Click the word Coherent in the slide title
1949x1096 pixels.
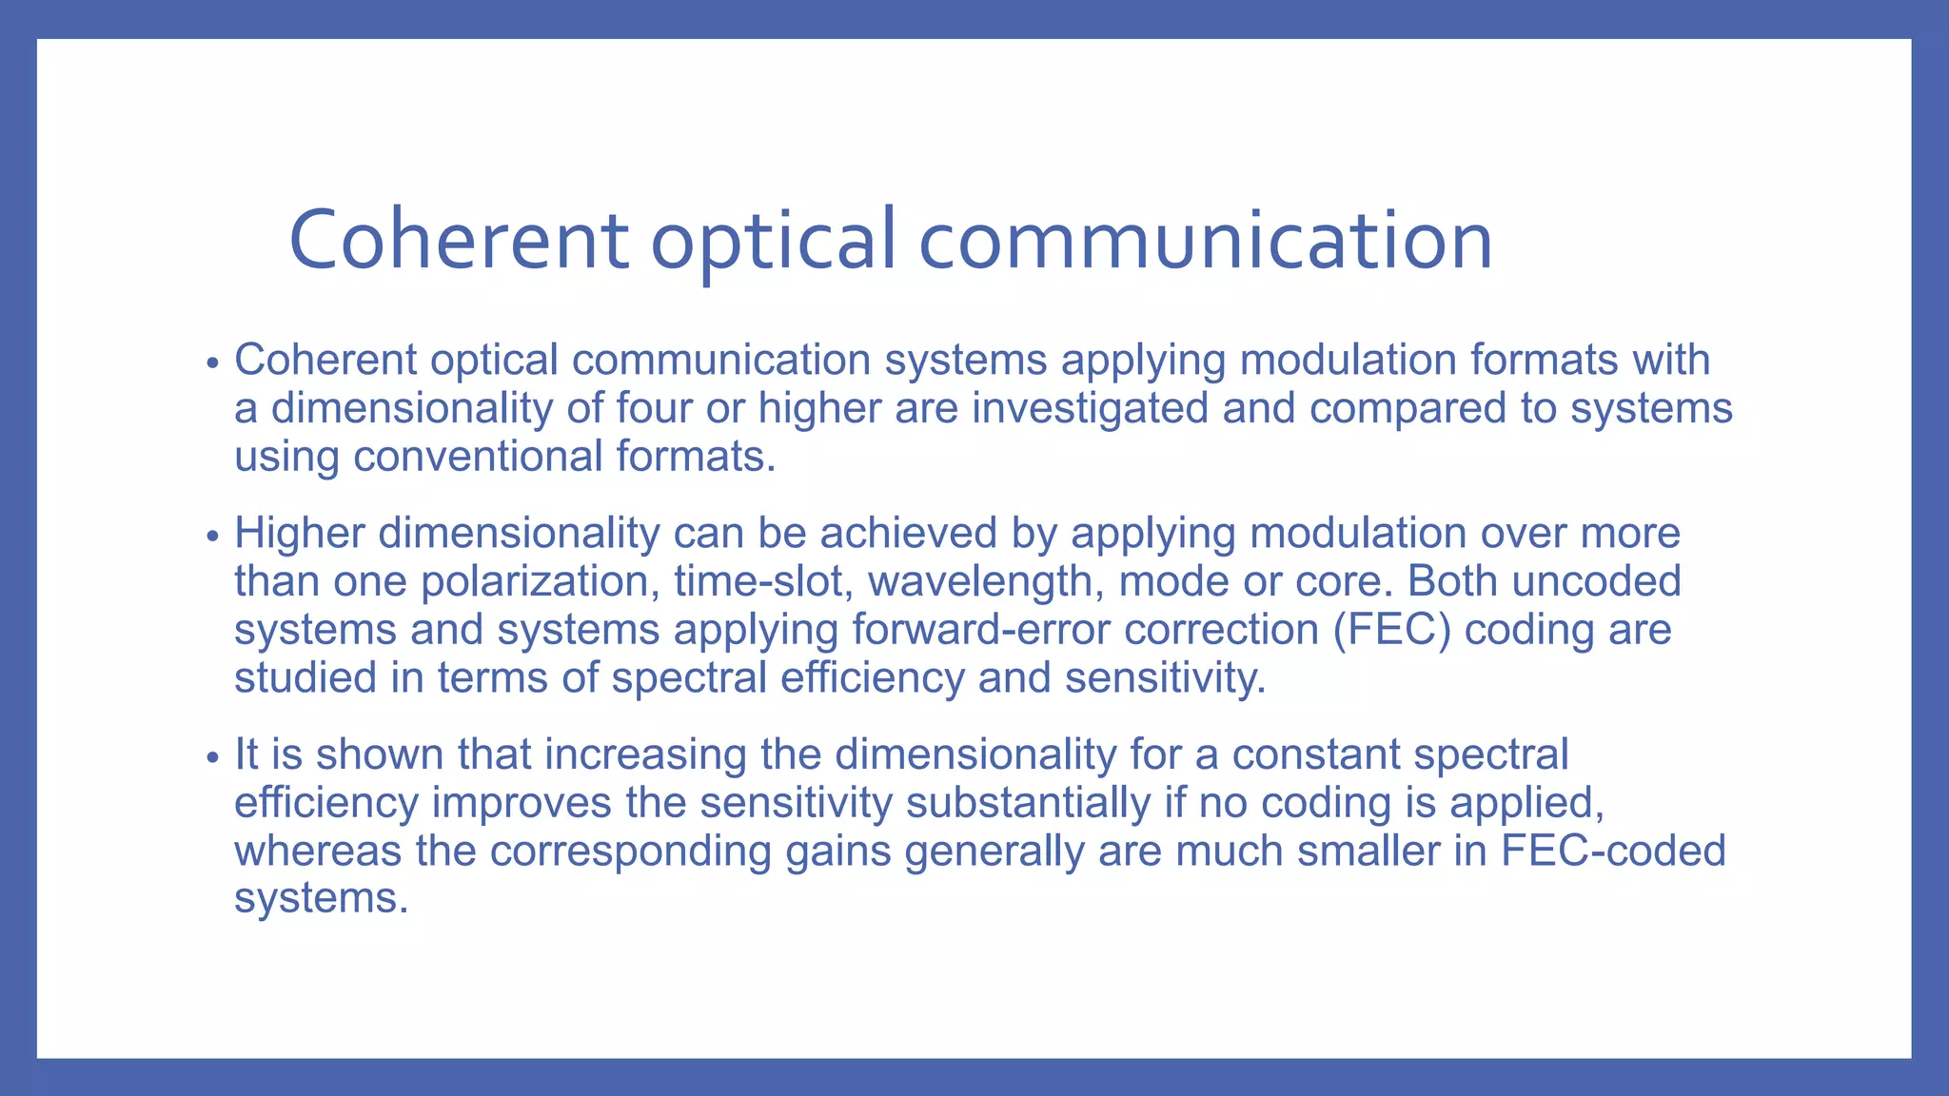[x=458, y=240]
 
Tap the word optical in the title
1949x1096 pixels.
[x=773, y=240]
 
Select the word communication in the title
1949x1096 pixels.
[x=1205, y=240]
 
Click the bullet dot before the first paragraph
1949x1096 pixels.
[x=213, y=363]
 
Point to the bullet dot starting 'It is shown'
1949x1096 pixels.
[x=213, y=758]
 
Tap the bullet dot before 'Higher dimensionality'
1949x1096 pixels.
[x=213, y=537]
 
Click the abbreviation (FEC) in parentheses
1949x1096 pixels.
[x=1392, y=630]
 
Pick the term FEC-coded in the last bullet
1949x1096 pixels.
[x=1613, y=851]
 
